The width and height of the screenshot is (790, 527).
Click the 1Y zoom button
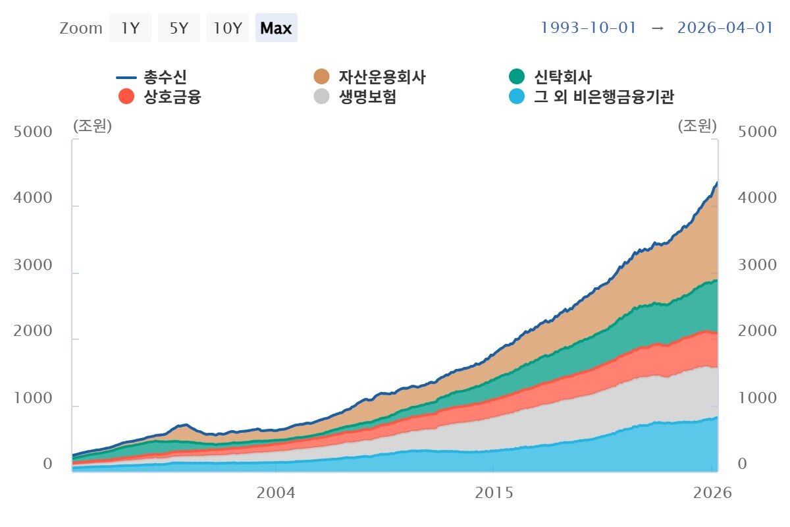pos(130,28)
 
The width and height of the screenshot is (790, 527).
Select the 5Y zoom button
pos(179,28)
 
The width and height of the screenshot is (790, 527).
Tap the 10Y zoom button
pos(228,28)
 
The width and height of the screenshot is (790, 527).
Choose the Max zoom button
pos(276,28)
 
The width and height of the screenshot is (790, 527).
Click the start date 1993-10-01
pos(589,28)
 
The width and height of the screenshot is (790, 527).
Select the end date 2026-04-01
pos(725,28)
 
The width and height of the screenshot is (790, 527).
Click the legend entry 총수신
pos(151,77)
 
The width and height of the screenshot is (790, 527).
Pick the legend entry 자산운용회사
pos(369,77)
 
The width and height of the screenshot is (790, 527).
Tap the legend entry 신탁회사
pos(550,77)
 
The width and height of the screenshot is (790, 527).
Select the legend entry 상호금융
pos(160,96)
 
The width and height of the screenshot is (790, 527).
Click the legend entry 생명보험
pos(355,96)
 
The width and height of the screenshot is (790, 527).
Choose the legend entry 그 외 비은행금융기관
pos(591,96)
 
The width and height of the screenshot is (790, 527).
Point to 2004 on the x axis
pos(276,493)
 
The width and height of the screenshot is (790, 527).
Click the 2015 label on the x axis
pos(494,493)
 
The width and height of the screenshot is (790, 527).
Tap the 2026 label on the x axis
pos(712,493)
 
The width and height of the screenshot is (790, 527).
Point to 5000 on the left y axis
pos(33,132)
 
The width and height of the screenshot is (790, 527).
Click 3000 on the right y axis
pos(757,265)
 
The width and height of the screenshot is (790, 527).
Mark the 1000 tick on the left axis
pos(33,398)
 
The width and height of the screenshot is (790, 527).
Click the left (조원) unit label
pos(92,126)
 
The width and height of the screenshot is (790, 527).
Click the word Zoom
pos(81,28)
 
